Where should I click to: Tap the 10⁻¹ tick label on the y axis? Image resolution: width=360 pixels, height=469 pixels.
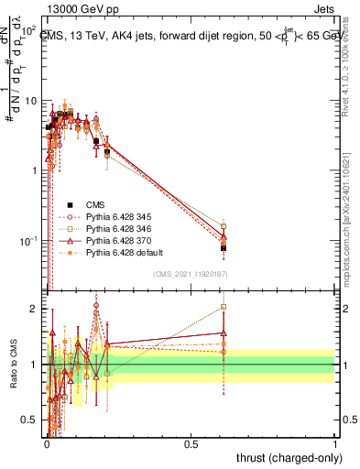(29, 240)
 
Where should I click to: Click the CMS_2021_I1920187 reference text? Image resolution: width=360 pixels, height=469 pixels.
(190, 274)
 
